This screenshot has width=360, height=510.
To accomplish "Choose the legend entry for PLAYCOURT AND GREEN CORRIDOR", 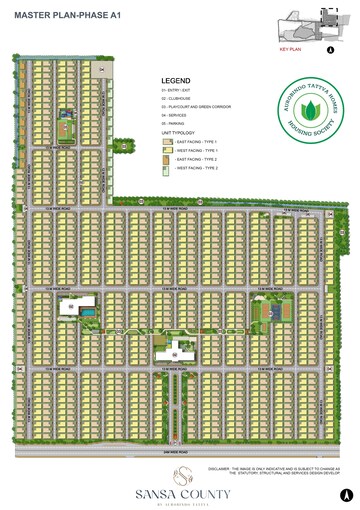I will (195, 107).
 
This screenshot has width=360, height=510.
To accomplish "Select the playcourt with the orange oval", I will (269, 312).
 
